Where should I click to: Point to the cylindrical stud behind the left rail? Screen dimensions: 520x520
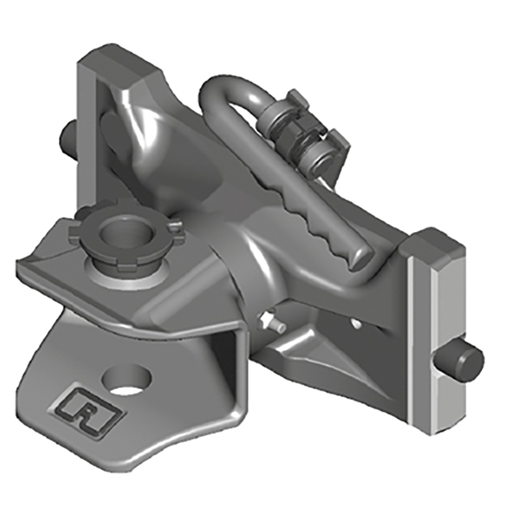point(68,135)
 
